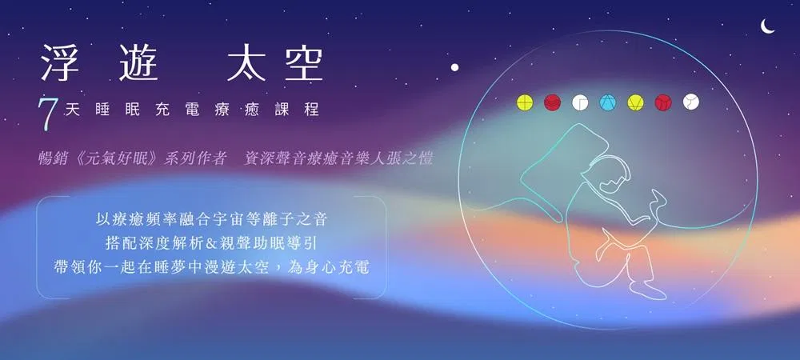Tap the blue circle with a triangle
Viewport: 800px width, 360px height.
608,102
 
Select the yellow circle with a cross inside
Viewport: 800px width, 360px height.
525,102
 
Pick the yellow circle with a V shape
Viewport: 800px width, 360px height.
636,102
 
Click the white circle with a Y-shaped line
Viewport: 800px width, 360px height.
691,102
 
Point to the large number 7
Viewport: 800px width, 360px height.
46,114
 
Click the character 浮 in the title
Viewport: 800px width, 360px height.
60,62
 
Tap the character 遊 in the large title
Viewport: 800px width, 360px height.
138,62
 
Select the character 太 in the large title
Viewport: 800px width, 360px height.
246,62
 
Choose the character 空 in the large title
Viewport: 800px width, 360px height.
304,62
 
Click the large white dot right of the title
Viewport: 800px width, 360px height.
454,66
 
